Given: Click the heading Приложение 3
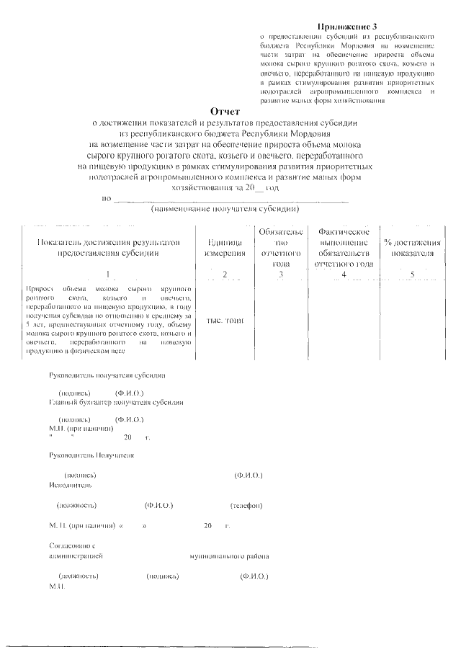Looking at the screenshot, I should (x=346, y=26).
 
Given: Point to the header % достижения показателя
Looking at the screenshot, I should (x=413, y=248).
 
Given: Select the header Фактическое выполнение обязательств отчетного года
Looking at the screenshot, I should (x=344, y=248).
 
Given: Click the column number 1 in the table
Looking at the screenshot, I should (x=107, y=274).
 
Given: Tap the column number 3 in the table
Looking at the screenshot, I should (x=280, y=274).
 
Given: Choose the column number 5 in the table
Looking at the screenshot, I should (x=412, y=274).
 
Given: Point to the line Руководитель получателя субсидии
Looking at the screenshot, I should (x=107, y=375).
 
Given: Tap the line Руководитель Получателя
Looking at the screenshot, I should (x=91, y=456).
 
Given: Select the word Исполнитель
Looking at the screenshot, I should (x=69, y=485).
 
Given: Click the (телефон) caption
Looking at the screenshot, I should (x=246, y=504).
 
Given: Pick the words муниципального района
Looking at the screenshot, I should (x=230, y=557).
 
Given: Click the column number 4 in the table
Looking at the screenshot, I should (x=344, y=274).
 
